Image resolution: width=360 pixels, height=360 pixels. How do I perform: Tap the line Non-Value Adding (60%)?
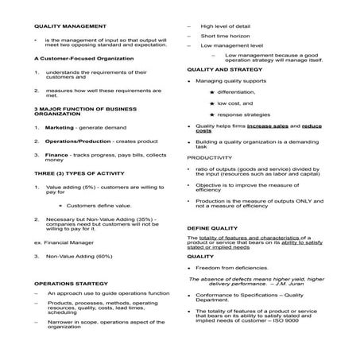pos(81,255)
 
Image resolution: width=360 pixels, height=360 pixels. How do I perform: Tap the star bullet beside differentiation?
pos(211,92)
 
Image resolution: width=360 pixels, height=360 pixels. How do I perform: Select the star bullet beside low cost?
pos(211,103)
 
